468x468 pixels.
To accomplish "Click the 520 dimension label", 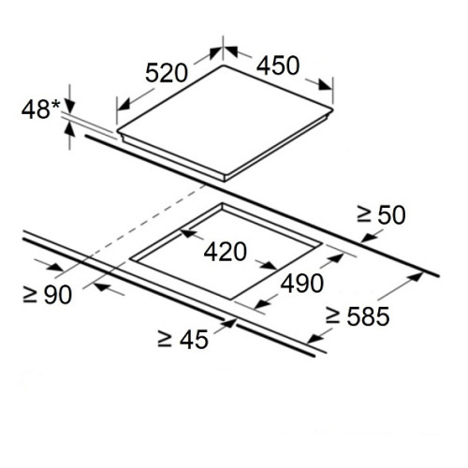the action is click(x=167, y=73).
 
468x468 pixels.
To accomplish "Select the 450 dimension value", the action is click(x=278, y=66).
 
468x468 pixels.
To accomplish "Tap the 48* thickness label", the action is click(x=40, y=110).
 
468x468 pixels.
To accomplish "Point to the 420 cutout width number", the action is click(x=226, y=252).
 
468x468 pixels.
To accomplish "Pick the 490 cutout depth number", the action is click(x=302, y=284).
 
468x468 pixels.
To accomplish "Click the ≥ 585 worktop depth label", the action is click(x=358, y=316).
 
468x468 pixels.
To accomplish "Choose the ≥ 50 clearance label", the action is click(x=381, y=215).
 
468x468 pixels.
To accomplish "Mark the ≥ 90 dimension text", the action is click(x=48, y=295).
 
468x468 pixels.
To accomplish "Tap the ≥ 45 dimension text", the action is click(x=183, y=339).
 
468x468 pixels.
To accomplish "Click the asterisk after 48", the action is click(x=55, y=104).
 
